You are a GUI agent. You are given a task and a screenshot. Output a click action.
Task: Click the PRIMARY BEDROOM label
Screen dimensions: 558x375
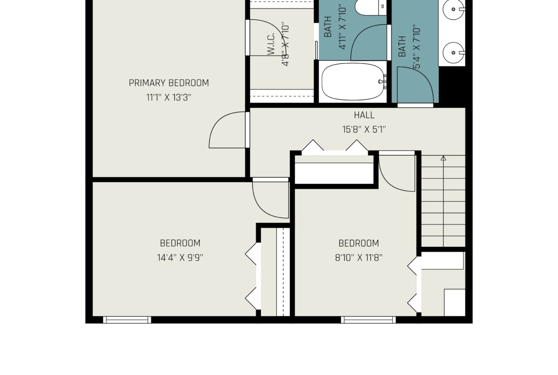[169, 83]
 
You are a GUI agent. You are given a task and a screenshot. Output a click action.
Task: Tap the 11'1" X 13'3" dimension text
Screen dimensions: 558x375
[169, 97]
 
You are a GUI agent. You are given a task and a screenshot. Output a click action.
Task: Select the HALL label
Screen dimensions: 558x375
[364, 115]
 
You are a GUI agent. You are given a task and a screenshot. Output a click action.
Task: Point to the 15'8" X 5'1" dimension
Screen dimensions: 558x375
[364, 129]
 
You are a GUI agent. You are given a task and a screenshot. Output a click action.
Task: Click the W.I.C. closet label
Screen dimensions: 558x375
[271, 44]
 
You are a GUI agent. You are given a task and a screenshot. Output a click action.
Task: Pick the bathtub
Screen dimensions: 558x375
[353, 82]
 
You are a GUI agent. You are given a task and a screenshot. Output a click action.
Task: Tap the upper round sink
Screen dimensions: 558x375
[454, 9]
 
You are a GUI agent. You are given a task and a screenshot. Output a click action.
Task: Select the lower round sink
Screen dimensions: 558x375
[454, 53]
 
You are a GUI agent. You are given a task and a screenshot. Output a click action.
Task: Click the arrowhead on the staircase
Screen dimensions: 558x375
[444, 158]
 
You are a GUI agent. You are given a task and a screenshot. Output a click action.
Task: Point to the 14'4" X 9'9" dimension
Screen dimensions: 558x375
[180, 257]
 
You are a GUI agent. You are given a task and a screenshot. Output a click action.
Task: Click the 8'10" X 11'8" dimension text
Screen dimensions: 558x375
[359, 257]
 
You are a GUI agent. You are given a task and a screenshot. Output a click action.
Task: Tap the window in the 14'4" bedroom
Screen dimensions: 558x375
[127, 320]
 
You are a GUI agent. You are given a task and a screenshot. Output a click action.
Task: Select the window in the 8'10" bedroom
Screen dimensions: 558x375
[368, 320]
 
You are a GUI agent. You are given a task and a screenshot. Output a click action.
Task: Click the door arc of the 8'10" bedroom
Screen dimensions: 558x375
[388, 182]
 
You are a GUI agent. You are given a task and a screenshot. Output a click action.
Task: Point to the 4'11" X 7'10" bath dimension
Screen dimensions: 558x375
[342, 27]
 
